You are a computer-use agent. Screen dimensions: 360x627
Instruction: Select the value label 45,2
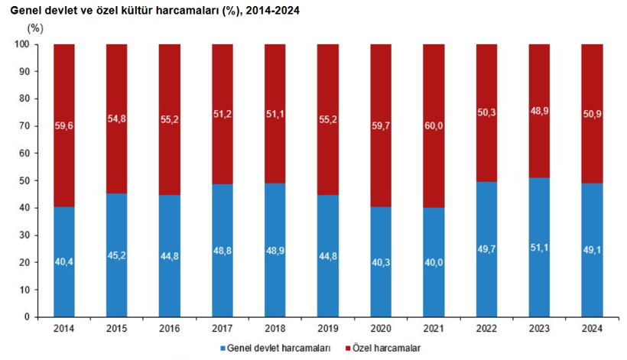coord(117,255)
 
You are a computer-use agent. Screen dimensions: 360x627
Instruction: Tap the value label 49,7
coord(486,261)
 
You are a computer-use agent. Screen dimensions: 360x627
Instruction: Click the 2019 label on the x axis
coord(328,329)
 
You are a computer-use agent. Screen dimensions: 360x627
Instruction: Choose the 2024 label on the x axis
coord(592,329)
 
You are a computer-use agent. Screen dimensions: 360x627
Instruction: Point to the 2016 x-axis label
coord(170,329)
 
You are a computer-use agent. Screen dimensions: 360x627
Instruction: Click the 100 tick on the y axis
coord(22,44)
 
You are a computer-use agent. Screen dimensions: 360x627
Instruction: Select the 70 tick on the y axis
coord(24,126)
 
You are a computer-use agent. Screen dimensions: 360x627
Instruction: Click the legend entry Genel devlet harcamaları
coord(280,349)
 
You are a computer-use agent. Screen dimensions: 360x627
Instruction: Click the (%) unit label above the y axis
coord(35,27)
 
